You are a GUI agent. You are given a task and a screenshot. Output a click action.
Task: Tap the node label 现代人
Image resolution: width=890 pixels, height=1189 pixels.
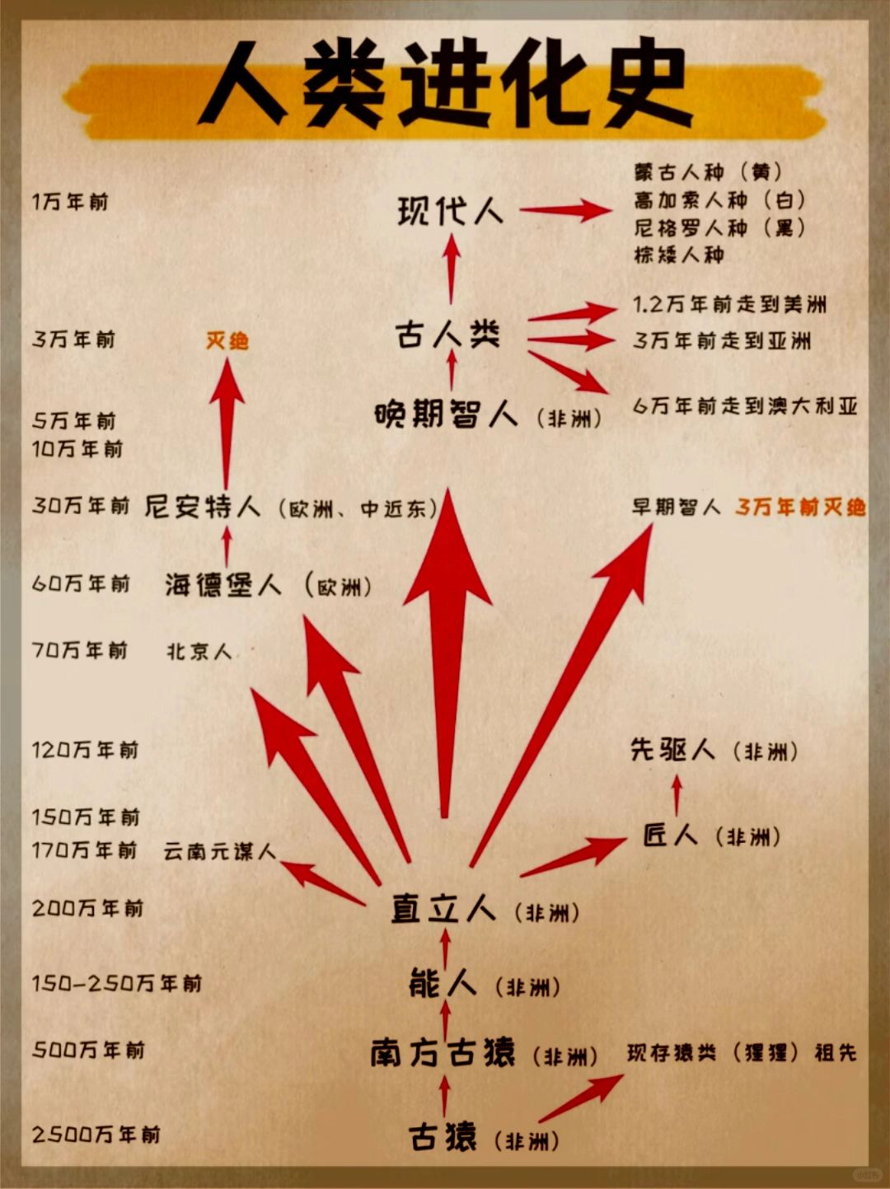[x=450, y=212]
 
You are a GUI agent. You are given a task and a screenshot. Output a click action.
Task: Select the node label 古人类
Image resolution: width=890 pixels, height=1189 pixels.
[x=447, y=335]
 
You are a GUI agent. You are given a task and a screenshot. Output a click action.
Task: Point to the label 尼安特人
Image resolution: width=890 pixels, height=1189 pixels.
[x=203, y=506]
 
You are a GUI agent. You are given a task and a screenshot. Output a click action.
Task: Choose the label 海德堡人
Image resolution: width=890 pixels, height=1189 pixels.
[x=223, y=585]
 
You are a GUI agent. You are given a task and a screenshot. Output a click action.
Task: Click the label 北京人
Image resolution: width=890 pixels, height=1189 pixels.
[x=199, y=652]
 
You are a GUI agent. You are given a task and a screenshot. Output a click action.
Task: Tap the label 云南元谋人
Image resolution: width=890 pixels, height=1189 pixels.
[x=219, y=851]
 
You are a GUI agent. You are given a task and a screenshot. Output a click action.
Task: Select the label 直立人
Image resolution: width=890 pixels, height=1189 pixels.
[x=443, y=909]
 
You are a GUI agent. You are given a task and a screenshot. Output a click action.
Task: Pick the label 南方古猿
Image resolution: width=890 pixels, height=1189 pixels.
[x=443, y=1053]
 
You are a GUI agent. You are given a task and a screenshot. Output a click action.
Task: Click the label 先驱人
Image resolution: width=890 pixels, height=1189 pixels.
[x=672, y=750]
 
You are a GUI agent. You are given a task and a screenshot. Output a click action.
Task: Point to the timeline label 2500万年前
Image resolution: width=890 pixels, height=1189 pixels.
[x=96, y=1135]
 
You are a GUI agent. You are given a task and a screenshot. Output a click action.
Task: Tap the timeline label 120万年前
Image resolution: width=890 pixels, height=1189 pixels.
[x=85, y=750]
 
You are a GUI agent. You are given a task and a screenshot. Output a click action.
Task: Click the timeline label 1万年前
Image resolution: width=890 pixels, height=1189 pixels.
[x=70, y=202]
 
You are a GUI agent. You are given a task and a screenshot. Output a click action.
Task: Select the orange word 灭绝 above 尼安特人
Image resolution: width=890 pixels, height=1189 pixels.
[x=227, y=340]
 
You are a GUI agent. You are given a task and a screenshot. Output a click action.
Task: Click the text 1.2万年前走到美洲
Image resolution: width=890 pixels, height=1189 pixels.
[x=729, y=305]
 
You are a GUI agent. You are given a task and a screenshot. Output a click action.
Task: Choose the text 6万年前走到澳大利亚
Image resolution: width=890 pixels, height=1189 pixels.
[x=745, y=406]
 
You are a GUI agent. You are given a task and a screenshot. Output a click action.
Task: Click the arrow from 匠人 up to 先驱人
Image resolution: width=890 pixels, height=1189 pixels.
[x=677, y=796]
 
